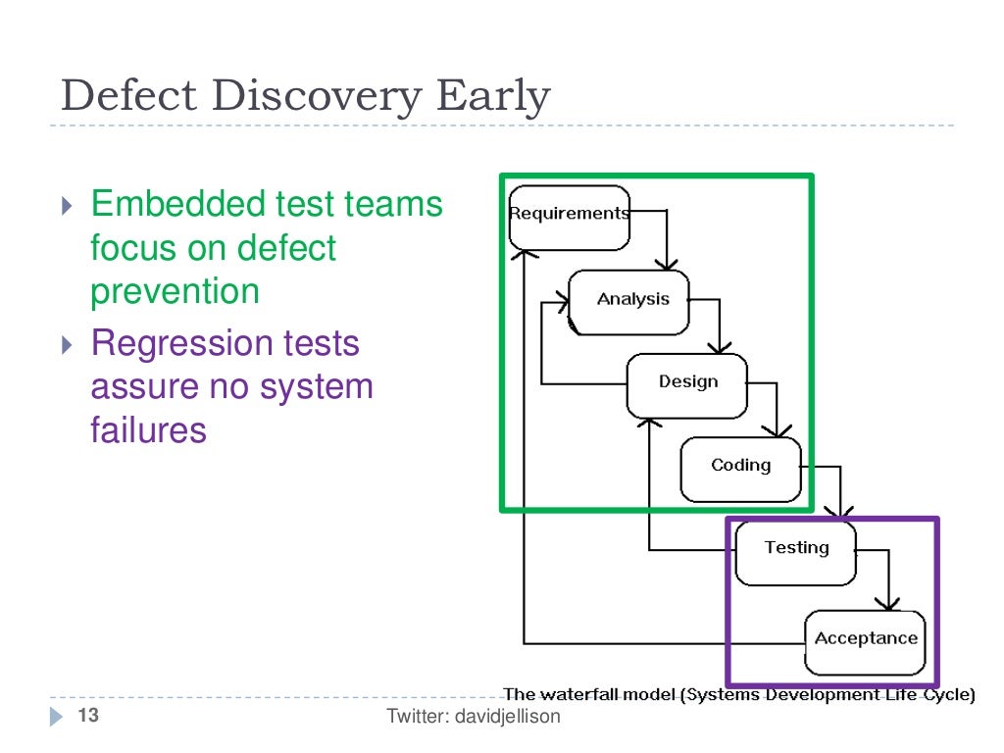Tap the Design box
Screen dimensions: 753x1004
pos(686,383)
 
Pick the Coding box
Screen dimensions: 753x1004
pos(740,467)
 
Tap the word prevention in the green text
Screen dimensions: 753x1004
pos(175,291)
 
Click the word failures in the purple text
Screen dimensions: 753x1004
pos(148,430)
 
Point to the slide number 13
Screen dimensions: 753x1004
pos(88,717)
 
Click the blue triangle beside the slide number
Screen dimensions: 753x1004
pos(56,717)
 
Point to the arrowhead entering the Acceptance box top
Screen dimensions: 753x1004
pos(889,605)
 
